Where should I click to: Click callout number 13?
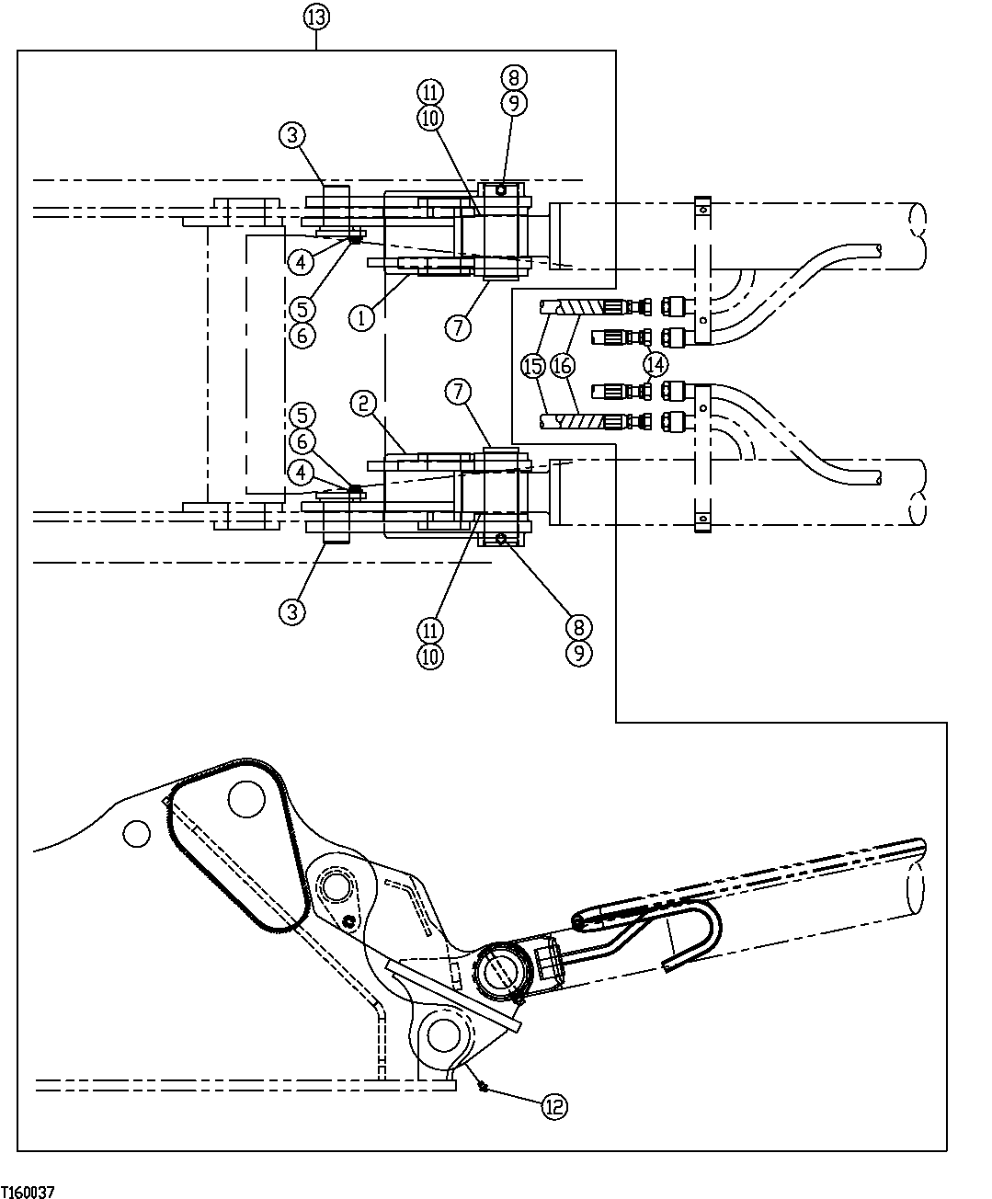click(315, 17)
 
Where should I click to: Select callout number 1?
click(361, 318)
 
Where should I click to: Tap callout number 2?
click(363, 402)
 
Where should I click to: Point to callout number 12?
click(554, 1107)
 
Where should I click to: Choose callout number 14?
click(656, 363)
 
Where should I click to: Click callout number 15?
click(532, 365)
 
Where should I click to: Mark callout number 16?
click(564, 365)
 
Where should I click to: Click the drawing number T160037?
click(28, 1192)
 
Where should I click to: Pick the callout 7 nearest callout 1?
click(459, 325)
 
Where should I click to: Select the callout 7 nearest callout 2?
click(458, 391)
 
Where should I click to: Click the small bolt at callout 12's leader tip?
click(482, 1086)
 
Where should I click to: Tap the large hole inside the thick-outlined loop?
click(247, 798)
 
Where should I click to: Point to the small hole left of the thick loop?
click(135, 833)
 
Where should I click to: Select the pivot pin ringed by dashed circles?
click(335, 888)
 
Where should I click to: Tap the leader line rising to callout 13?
click(315, 40)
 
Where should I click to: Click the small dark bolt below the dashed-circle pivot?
click(349, 921)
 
